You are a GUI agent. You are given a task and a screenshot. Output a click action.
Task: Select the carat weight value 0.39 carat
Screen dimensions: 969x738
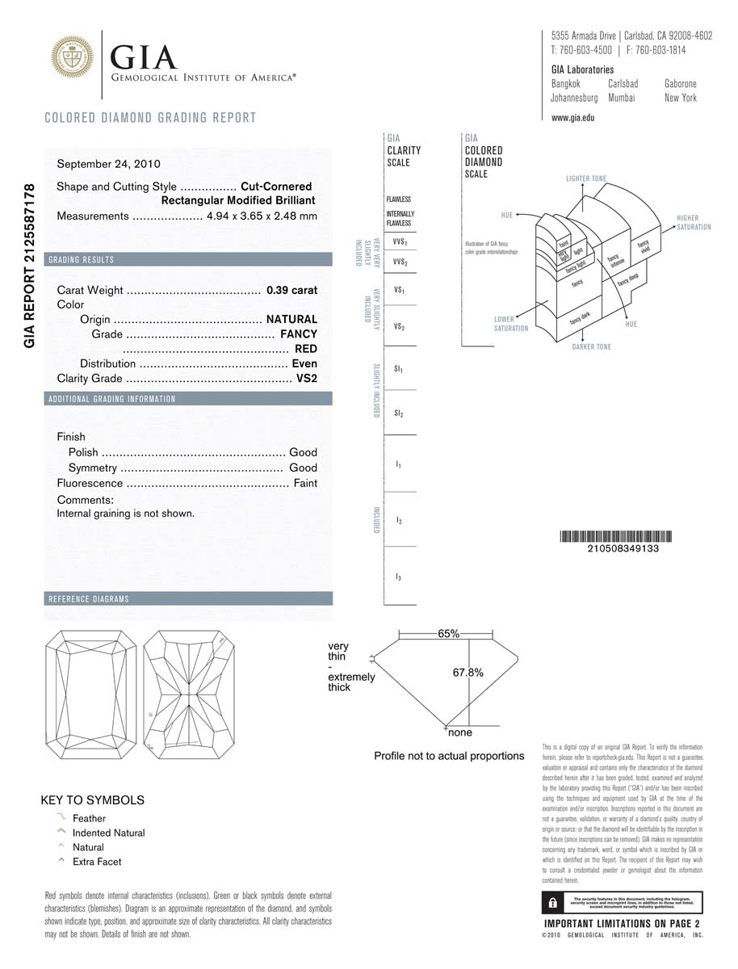tap(291, 290)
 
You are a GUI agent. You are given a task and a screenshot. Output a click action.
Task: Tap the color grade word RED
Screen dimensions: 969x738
tap(306, 349)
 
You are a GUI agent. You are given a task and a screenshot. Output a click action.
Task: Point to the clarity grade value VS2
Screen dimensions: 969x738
tap(307, 379)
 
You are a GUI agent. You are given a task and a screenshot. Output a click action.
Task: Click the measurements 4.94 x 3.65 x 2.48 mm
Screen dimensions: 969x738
tap(262, 216)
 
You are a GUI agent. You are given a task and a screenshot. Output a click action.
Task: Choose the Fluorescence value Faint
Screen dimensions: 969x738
tap(306, 483)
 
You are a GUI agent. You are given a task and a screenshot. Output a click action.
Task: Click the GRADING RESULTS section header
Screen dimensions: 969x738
tap(82, 260)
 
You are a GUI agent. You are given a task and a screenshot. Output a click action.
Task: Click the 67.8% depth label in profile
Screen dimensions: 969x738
tap(468, 672)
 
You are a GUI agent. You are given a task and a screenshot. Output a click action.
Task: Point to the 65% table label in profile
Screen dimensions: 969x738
tap(448, 634)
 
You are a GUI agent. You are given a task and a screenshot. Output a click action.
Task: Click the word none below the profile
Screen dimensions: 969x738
tap(460, 732)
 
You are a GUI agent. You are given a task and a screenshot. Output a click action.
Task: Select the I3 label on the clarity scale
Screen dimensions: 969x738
tap(399, 577)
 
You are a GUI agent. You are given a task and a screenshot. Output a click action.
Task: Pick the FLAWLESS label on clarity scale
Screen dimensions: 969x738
tap(399, 199)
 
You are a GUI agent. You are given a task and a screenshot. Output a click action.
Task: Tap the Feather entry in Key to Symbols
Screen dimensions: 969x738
tap(89, 818)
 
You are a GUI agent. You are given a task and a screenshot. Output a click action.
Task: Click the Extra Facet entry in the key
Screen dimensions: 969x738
tap(97, 862)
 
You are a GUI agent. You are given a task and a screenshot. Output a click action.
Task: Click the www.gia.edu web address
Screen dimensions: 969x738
tap(572, 118)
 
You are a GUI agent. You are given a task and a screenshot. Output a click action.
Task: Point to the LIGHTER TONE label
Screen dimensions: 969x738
tap(586, 178)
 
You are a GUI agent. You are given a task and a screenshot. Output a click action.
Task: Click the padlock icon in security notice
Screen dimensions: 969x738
tap(551, 902)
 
